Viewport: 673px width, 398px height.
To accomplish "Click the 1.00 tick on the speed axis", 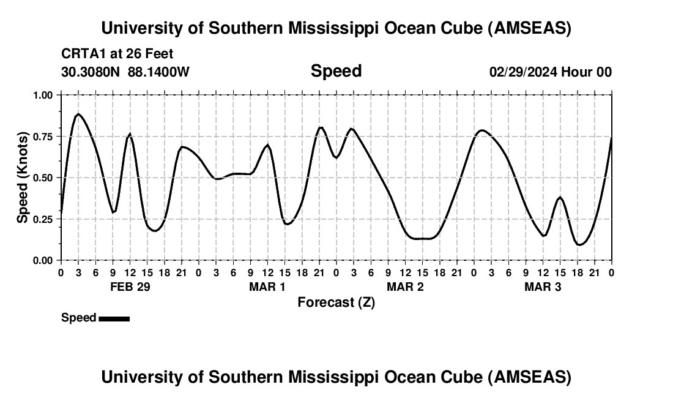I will click(44, 95).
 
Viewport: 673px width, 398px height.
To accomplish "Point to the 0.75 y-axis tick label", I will click(44, 136).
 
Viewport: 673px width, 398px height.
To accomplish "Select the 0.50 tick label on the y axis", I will click(44, 178).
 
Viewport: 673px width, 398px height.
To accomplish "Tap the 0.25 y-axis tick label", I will click(44, 219).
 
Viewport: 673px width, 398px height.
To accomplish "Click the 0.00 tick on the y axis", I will click(44, 260).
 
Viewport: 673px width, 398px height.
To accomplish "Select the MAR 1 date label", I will click(267, 287).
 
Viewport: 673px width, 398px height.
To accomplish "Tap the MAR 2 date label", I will click(405, 287).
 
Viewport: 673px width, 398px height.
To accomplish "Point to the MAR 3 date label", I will click(543, 287).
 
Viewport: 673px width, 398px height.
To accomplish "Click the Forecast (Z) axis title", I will click(336, 302).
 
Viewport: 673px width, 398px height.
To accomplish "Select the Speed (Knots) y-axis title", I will click(22, 178).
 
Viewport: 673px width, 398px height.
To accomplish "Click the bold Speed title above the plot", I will click(336, 71).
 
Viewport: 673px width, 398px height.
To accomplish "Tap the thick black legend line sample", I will click(114, 318).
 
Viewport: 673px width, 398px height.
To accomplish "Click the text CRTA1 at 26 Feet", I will click(117, 54).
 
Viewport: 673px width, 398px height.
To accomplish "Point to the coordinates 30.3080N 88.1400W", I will click(125, 72).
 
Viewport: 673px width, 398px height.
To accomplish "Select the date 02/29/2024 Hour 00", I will click(550, 72).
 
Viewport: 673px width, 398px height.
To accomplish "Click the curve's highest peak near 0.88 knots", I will click(78, 114).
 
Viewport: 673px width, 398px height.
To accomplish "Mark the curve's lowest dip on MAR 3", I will click(579, 244).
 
